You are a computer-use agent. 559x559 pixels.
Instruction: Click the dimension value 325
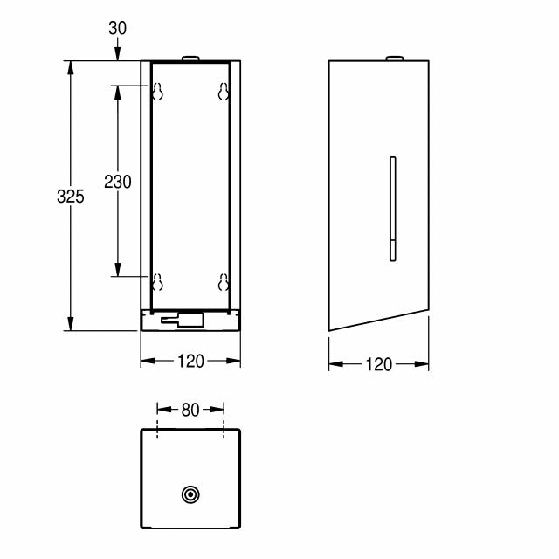pos(71,197)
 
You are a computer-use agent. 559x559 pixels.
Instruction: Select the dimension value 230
pos(118,182)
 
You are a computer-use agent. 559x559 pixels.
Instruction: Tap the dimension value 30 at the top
pos(117,28)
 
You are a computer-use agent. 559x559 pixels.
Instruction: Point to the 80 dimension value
pos(190,410)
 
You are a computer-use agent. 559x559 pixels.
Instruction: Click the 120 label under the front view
pos(190,361)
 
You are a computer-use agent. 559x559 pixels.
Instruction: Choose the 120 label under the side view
pos(379,364)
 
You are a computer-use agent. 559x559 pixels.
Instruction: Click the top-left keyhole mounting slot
pos(157,91)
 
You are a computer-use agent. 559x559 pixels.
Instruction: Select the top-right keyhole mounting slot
pos(224,91)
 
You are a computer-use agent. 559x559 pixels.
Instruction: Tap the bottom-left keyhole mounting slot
pos(157,282)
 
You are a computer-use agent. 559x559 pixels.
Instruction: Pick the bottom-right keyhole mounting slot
pos(224,282)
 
